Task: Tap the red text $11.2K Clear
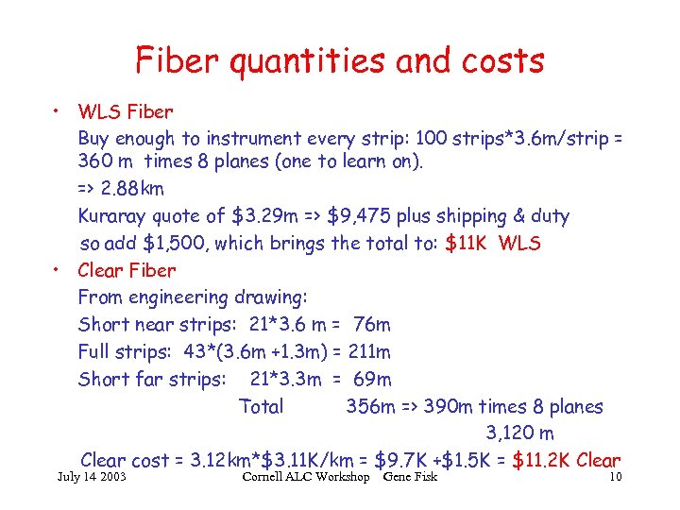pyautogui.click(x=565, y=461)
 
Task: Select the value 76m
pyautogui.click(x=371, y=325)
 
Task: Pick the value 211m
pyautogui.click(x=369, y=352)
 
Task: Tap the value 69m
pyautogui.click(x=370, y=380)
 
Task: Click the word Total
pyautogui.click(x=262, y=407)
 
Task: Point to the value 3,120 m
pyautogui.click(x=519, y=433)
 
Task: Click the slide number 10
pyautogui.click(x=615, y=477)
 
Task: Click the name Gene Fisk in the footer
pyautogui.click(x=412, y=477)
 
